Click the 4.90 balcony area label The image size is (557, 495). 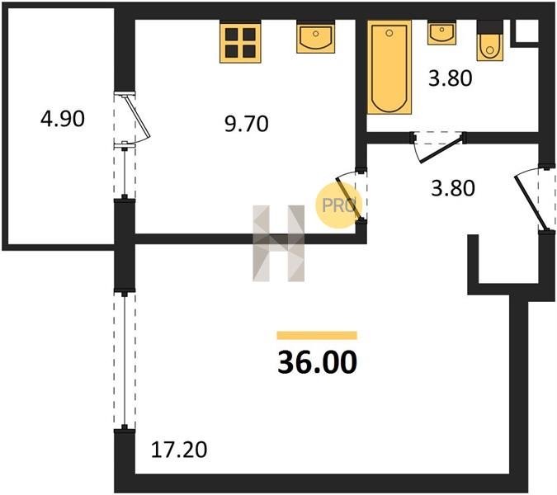click(63, 119)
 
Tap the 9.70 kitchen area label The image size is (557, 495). click(247, 124)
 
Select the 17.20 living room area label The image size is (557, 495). click(179, 450)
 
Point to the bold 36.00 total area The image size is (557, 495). click(317, 362)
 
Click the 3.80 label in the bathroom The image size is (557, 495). click(450, 78)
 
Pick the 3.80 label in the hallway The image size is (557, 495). click(452, 188)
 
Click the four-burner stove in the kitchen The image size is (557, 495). click(240, 42)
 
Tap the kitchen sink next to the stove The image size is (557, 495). click(316, 37)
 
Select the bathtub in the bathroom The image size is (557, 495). click(389, 67)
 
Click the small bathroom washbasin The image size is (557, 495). click(442, 33)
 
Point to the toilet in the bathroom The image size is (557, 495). click(490, 40)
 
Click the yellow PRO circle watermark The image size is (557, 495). click(338, 205)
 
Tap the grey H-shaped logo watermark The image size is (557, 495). click(279, 243)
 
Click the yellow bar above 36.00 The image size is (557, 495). click(317, 335)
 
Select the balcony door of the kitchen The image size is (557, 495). click(132, 119)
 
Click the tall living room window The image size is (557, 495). click(125, 360)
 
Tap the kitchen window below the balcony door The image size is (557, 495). click(125, 172)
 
